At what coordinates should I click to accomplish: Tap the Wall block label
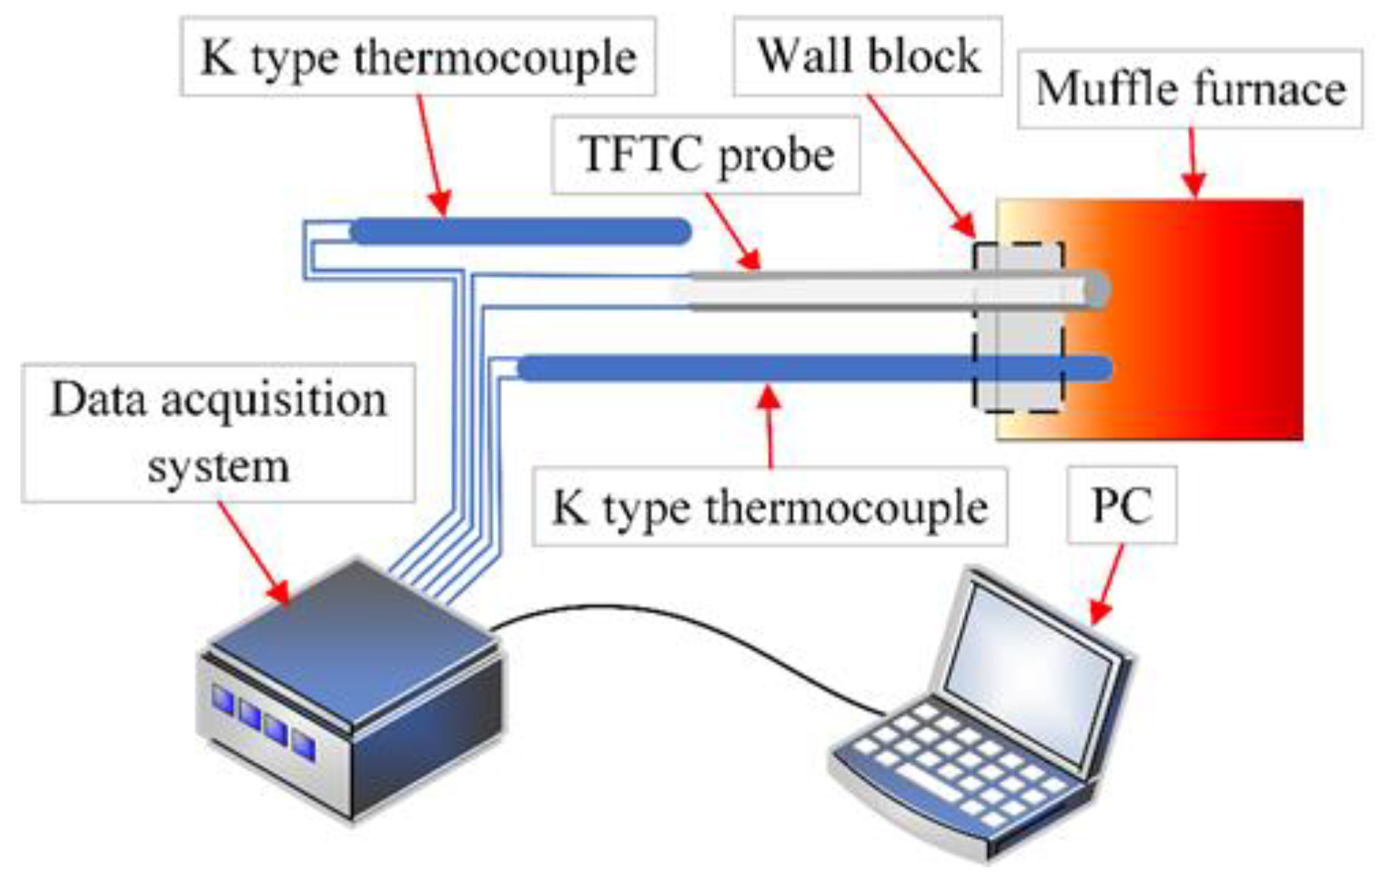pos(867,56)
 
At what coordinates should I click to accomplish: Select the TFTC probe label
pos(705,155)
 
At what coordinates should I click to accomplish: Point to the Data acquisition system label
pos(218,433)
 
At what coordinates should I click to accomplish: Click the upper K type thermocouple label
pos(418,57)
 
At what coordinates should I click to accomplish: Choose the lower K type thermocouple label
pos(769,507)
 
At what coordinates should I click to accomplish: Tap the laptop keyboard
pos(955,764)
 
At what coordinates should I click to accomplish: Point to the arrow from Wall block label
pos(921,167)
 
